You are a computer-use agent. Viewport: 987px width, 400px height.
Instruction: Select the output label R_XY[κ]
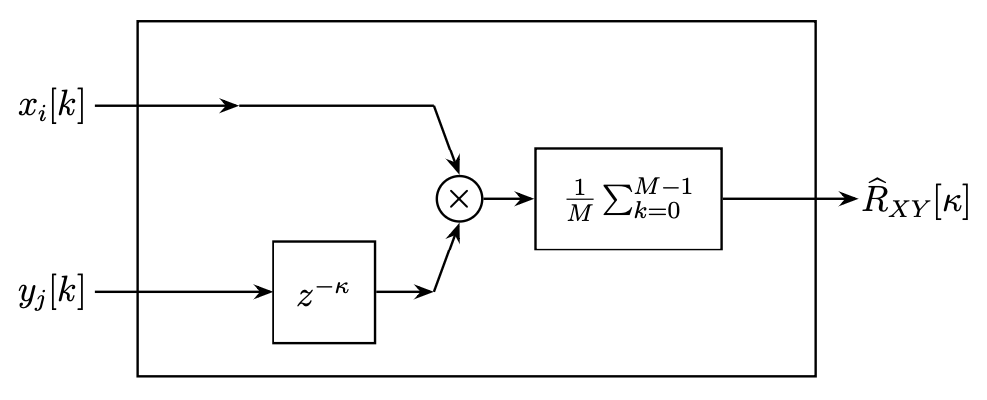tap(912, 201)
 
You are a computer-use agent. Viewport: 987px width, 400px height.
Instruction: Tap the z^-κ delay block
tap(324, 292)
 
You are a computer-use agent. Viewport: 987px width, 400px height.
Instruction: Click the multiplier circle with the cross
tap(458, 199)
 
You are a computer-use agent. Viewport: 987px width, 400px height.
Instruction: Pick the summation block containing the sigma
tap(628, 198)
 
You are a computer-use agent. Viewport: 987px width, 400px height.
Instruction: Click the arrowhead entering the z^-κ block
tap(265, 292)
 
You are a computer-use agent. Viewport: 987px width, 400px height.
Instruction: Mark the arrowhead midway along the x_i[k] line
tap(230, 105)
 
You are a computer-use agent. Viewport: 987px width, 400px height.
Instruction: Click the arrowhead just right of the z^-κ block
tap(427, 292)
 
